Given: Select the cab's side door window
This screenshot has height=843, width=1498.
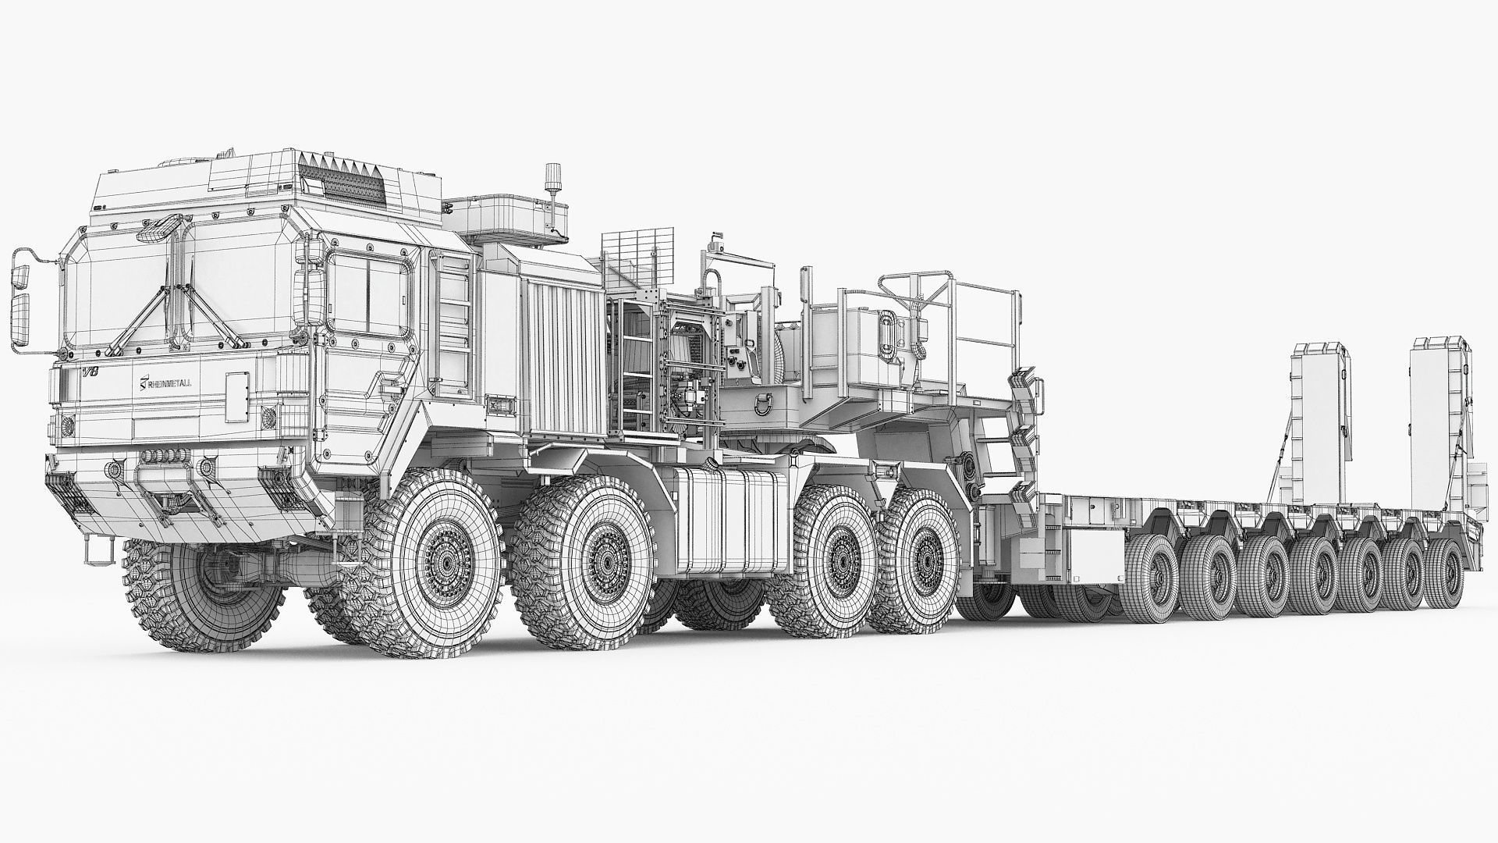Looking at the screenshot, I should click(369, 286).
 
